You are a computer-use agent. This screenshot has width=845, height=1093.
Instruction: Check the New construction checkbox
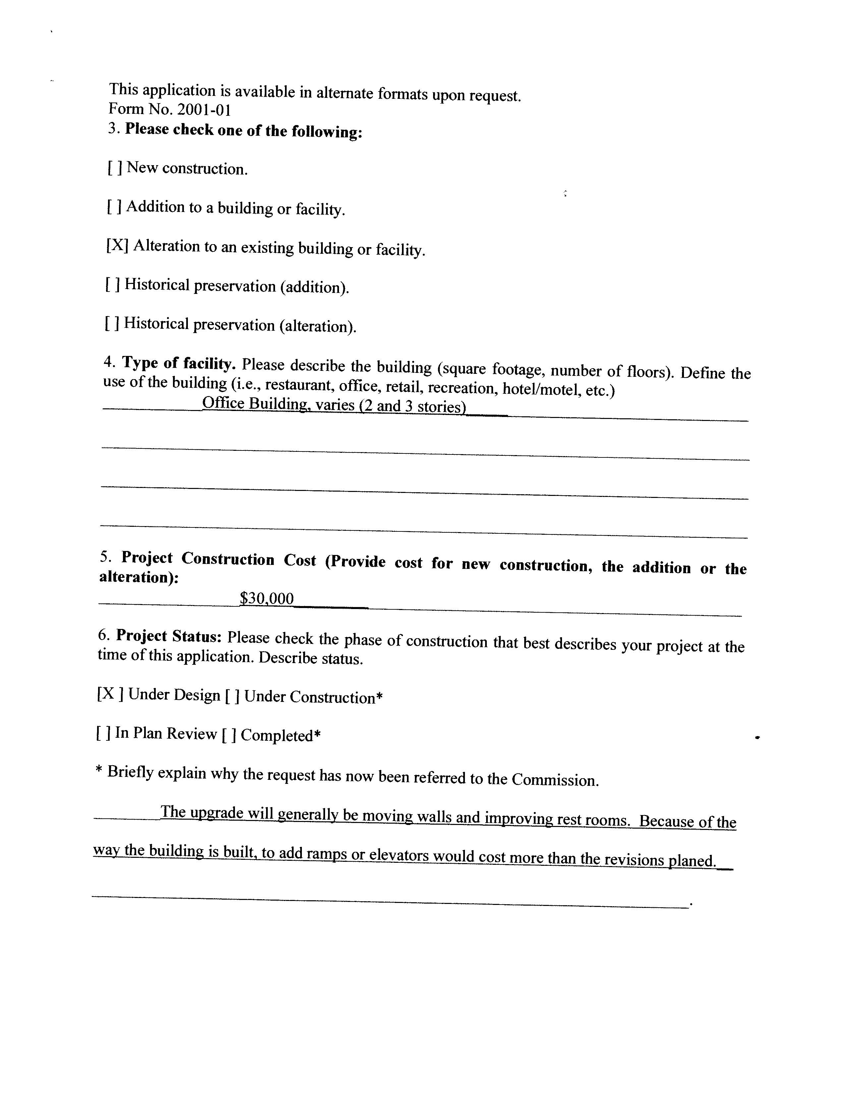115,168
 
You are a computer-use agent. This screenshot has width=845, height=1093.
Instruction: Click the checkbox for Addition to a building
114,206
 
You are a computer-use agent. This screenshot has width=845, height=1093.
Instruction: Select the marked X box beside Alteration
117,245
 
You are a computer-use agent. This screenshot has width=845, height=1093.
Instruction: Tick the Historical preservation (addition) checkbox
112,284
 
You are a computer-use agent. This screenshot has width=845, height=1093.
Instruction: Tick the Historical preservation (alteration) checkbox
112,323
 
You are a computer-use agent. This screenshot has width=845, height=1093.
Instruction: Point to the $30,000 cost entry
266,598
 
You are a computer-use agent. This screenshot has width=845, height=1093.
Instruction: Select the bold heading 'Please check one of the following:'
244,131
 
